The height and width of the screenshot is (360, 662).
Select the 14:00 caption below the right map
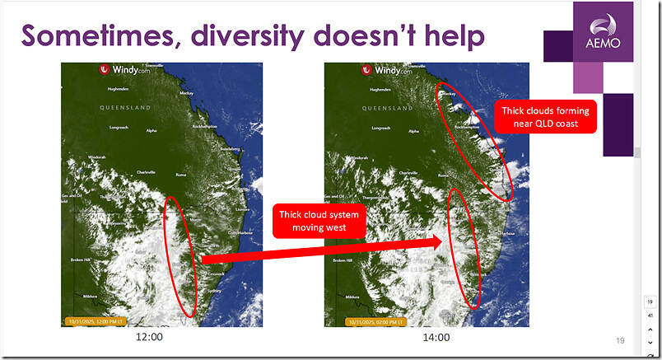pos(436,336)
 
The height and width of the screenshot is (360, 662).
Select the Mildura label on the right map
pos(356,296)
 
